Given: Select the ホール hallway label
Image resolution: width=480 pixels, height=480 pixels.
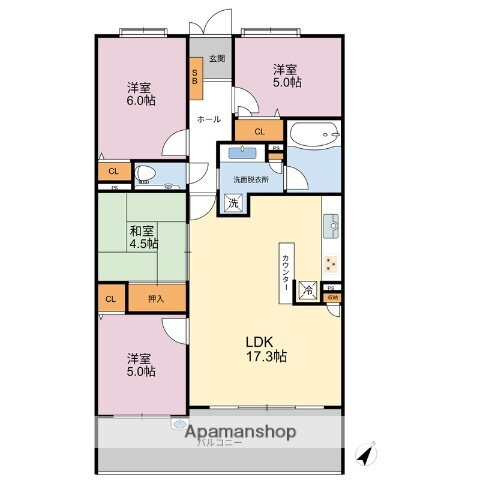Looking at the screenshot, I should [x=209, y=119].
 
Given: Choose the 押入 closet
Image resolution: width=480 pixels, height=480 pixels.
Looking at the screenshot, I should [x=156, y=298].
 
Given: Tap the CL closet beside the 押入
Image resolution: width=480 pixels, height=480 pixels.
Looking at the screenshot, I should [x=111, y=298].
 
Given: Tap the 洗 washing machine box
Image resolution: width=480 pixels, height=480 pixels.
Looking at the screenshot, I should [x=233, y=204].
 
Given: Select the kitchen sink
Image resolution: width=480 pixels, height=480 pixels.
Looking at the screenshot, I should [x=331, y=225].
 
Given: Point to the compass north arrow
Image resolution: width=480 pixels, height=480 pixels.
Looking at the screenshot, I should [x=368, y=453].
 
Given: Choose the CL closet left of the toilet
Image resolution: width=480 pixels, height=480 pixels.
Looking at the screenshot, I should [x=113, y=170].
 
